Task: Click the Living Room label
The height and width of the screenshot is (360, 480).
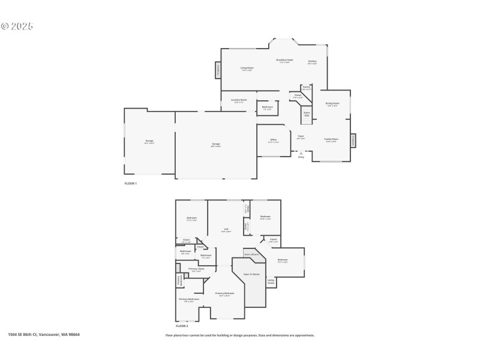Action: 247,68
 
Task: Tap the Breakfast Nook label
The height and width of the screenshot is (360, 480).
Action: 284,60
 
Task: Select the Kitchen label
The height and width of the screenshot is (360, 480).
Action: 312,61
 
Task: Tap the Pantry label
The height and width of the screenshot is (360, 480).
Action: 306,87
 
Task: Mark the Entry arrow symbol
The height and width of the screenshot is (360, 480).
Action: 301,153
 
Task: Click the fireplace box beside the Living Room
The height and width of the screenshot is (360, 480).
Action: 218,70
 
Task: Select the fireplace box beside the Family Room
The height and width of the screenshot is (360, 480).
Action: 353,140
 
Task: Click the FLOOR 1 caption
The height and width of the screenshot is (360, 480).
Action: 130,183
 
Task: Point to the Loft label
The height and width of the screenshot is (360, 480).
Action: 226,229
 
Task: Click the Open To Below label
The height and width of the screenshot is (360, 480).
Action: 251,274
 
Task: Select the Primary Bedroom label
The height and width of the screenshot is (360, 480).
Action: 225,293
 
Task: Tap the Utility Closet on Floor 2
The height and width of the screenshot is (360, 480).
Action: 271,281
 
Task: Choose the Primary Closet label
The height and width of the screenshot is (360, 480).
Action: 196,269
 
